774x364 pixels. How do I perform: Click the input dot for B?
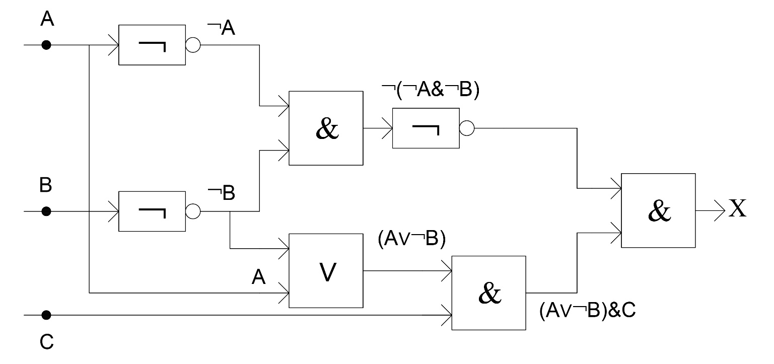[x=46, y=211]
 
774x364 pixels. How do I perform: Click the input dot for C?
[x=46, y=315]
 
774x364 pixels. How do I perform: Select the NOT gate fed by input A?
[x=152, y=45]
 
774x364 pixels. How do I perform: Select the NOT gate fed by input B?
[x=152, y=211]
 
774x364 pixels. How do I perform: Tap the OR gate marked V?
[x=326, y=271]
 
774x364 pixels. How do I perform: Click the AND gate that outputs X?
[x=658, y=210]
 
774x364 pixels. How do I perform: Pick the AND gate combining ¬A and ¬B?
[x=326, y=128]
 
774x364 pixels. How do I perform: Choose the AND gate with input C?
[x=488, y=293]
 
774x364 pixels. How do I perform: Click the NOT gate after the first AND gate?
[x=426, y=128]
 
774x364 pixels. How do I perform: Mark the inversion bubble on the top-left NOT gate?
[x=193, y=45]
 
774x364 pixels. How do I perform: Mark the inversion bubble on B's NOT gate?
[x=193, y=211]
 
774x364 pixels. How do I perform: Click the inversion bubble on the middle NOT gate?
[x=467, y=128]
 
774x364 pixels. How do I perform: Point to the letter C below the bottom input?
[x=47, y=342]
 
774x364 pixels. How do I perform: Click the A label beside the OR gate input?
[x=258, y=276]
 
